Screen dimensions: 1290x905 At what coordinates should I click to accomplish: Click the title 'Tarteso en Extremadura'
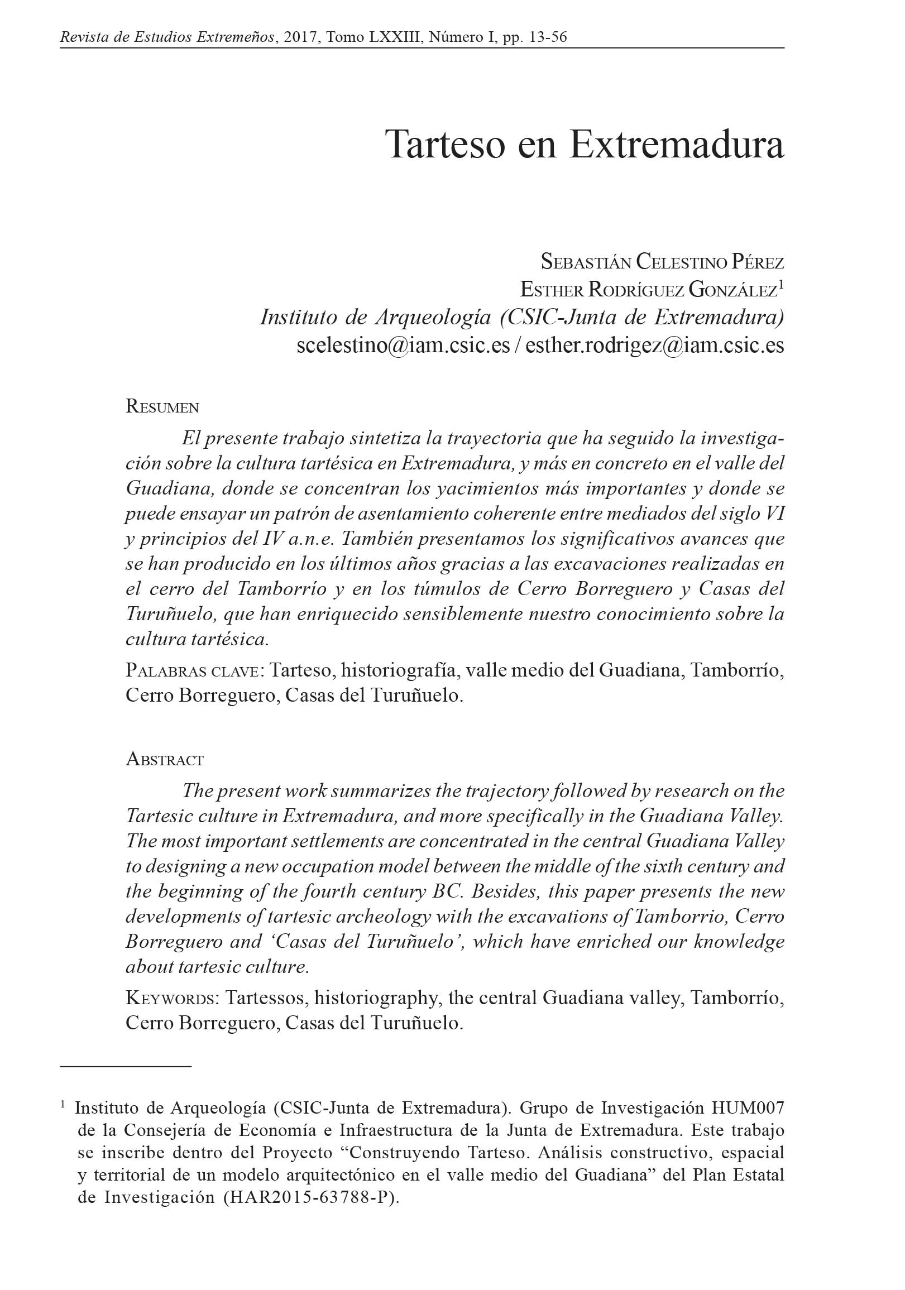[584, 145]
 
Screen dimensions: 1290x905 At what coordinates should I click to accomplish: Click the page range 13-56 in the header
[548, 37]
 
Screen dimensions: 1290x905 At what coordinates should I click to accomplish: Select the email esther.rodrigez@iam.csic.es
[654, 345]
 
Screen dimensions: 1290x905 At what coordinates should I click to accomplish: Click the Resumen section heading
[162, 407]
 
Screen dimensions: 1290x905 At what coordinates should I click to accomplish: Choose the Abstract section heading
[165, 760]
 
